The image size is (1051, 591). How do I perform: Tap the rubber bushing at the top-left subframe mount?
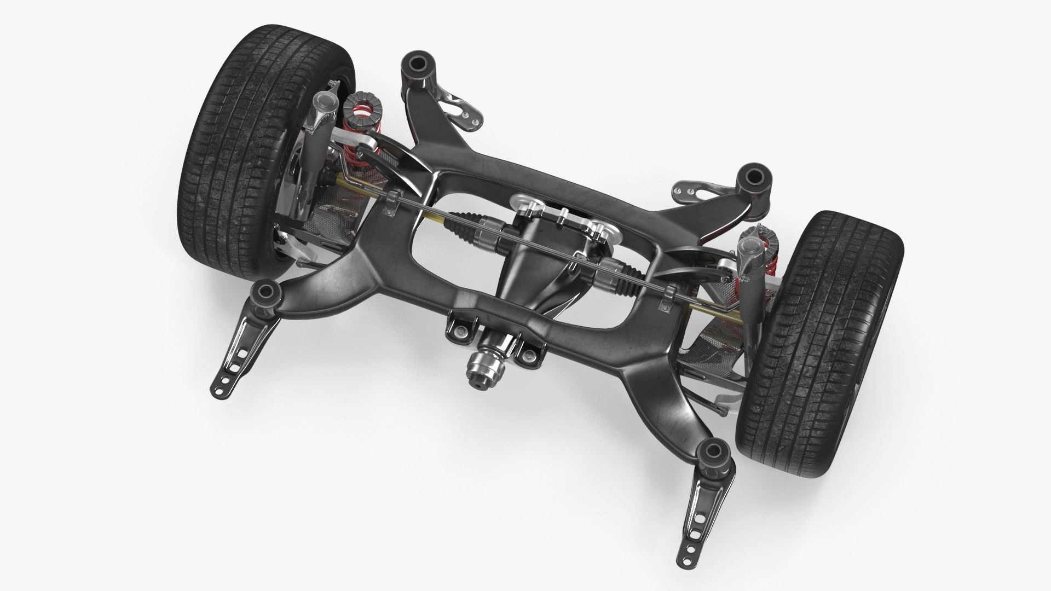point(416,64)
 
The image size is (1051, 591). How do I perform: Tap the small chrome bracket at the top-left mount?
point(459,107)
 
